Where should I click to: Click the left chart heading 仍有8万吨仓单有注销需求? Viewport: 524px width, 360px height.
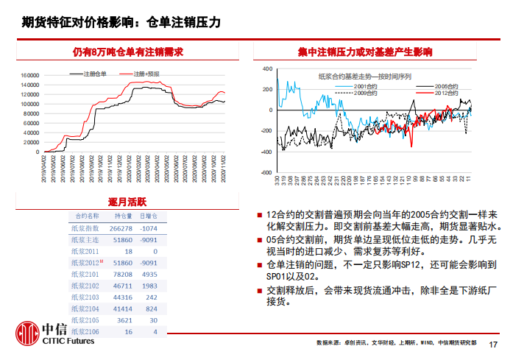128,52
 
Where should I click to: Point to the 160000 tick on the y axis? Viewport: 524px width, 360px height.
29,75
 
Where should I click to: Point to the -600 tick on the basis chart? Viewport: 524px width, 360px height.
266,173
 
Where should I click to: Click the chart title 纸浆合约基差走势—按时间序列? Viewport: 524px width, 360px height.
364,77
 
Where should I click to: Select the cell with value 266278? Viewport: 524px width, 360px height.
121,228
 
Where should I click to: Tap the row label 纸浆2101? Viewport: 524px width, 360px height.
85,275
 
